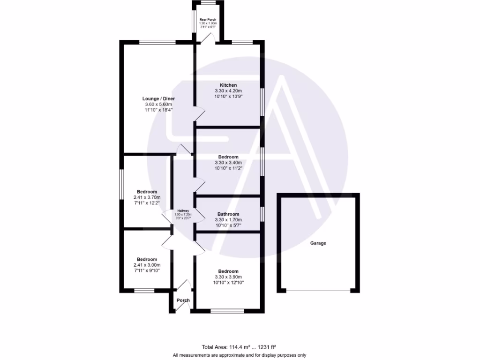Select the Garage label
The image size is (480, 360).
coord(318,243)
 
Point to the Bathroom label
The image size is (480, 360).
coord(228,214)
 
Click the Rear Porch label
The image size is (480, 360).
coord(208,20)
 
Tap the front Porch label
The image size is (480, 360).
coord(183,300)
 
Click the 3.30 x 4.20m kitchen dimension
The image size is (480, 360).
coord(228,90)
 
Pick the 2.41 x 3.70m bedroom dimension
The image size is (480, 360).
coord(147,197)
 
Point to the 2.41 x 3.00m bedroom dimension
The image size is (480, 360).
coord(147,265)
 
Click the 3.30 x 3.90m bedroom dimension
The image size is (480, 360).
coord(228,277)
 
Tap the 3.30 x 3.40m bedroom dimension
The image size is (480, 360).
coord(228,163)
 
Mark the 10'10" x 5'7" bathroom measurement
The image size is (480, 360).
coord(228,225)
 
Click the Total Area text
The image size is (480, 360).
coord(239,347)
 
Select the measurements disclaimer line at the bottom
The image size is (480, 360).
coord(240,355)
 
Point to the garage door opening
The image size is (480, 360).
coord(318,292)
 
